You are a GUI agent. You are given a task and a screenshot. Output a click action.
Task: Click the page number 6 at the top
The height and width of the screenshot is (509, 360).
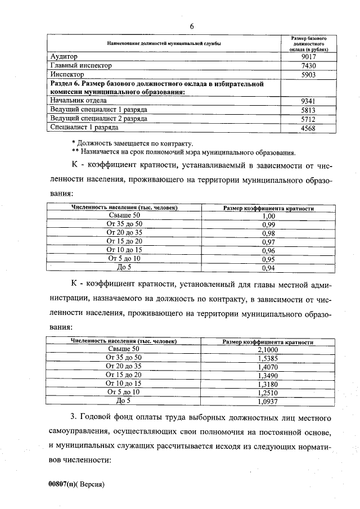tap(192, 26)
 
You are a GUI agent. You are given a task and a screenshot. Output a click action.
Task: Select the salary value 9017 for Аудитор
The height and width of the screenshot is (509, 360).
tap(309, 57)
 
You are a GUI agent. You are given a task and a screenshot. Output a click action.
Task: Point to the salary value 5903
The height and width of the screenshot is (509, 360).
tap(309, 74)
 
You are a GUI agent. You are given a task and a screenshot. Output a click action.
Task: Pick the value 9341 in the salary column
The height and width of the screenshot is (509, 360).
tap(309, 101)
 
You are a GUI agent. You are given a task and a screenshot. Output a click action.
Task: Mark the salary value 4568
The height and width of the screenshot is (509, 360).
tap(309, 128)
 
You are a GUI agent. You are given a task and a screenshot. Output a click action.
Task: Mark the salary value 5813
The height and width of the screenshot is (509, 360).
tap(309, 110)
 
